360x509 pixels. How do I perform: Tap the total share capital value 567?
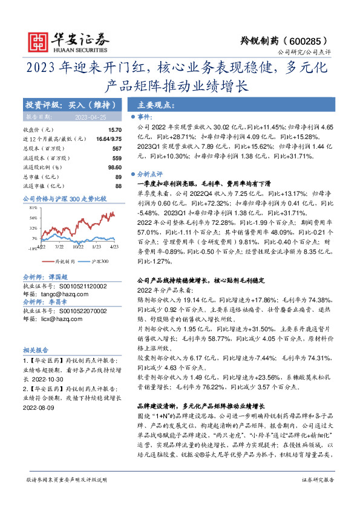(117, 148)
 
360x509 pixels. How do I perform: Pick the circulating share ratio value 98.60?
(114, 167)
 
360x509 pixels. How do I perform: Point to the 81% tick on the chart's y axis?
(33, 207)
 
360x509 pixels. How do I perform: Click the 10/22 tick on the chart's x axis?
(78, 247)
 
